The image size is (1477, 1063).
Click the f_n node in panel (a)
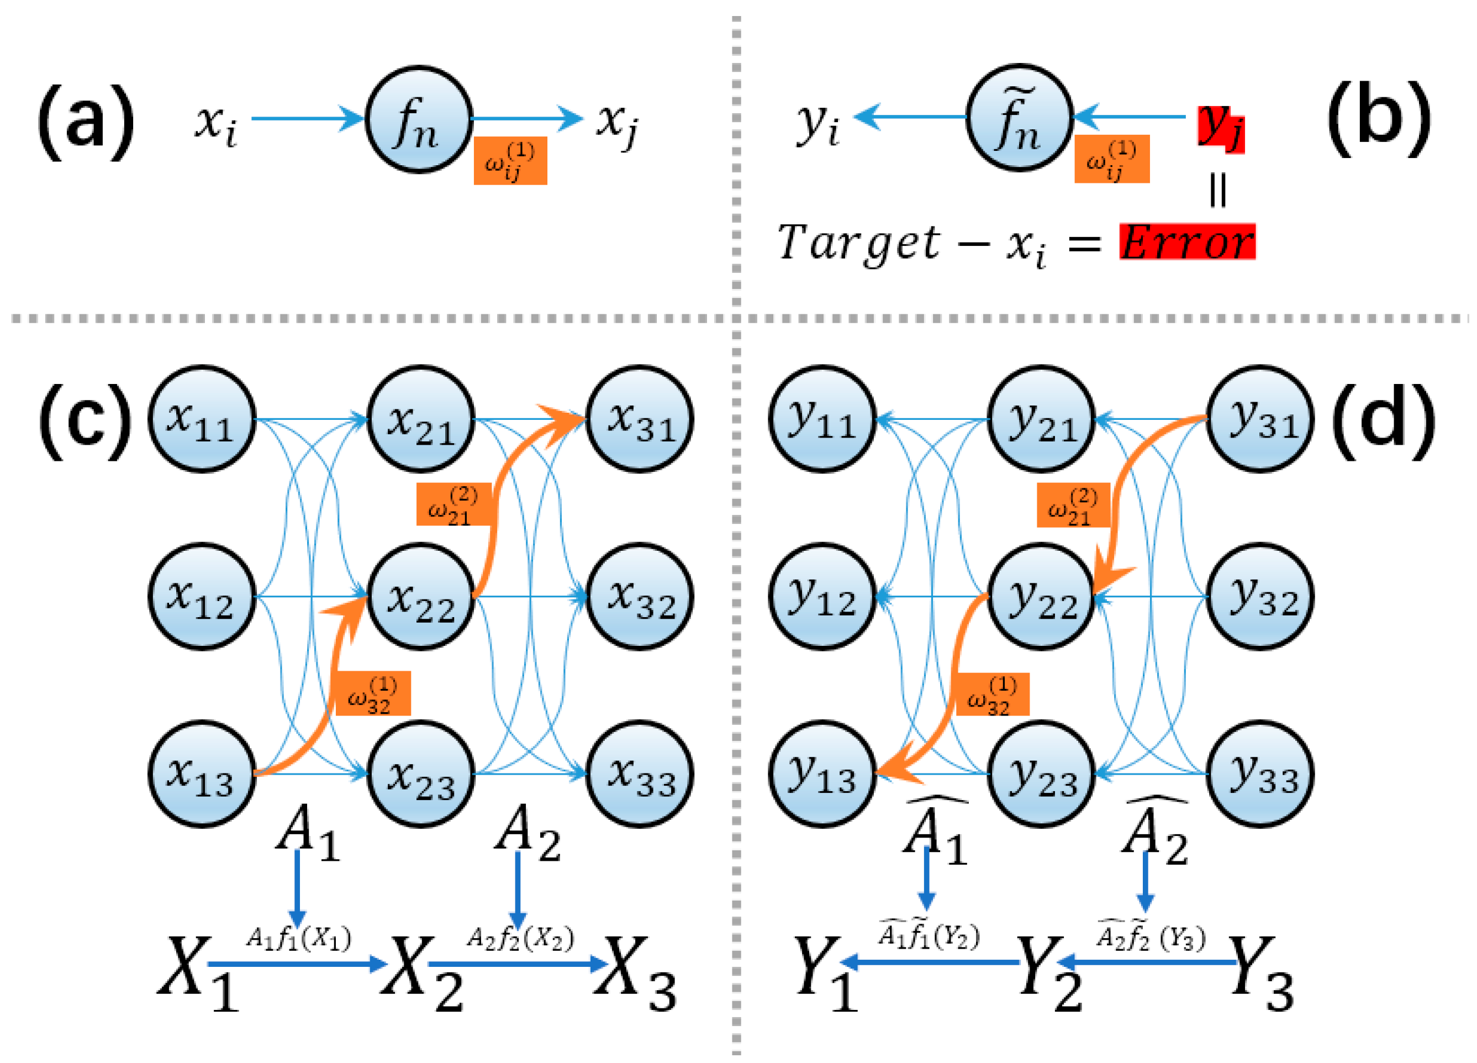[419, 119]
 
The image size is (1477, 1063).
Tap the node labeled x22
[421, 596]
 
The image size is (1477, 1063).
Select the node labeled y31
[1260, 419]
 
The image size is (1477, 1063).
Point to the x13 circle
[202, 774]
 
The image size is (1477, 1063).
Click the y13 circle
[822, 774]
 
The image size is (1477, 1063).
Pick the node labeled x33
[640, 774]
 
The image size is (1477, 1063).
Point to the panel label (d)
[1383, 420]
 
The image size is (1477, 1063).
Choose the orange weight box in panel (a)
[510, 161]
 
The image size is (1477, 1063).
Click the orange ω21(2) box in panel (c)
[453, 504]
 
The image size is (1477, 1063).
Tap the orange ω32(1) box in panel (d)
[992, 694]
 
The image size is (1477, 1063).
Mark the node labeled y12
[822, 596]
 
